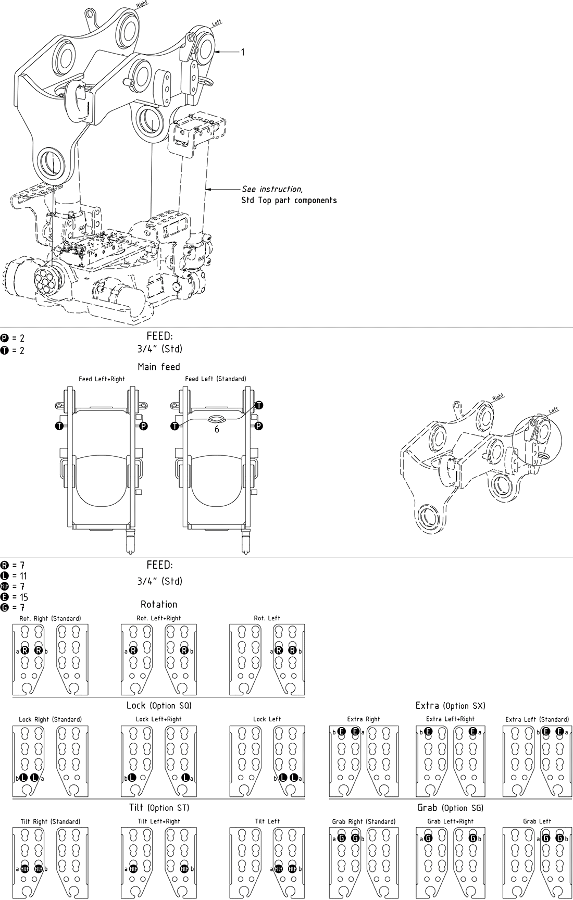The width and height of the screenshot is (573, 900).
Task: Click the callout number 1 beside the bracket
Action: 242,52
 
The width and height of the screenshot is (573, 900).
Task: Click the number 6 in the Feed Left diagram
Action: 217,430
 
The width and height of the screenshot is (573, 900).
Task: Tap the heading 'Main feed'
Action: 159,367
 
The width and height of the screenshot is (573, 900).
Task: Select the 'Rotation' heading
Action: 159,604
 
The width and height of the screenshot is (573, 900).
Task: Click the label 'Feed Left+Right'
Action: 102,379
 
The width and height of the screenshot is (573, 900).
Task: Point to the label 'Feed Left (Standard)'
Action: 216,379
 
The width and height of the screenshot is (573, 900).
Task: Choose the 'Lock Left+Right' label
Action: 158,719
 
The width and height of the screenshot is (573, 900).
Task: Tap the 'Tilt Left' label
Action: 267,821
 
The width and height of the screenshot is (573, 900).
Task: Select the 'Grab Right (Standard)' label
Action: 364,821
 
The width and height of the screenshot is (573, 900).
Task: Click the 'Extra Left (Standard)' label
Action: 537,719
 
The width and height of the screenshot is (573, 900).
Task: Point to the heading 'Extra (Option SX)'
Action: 451,706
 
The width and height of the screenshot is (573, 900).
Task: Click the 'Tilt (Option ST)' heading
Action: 159,808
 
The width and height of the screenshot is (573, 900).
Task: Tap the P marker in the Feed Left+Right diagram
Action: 144,426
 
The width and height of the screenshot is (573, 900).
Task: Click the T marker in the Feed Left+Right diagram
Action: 59,426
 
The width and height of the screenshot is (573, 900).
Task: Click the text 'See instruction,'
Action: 272,189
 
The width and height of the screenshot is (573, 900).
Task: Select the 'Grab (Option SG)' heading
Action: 451,808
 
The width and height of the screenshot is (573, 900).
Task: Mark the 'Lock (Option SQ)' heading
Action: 159,706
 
